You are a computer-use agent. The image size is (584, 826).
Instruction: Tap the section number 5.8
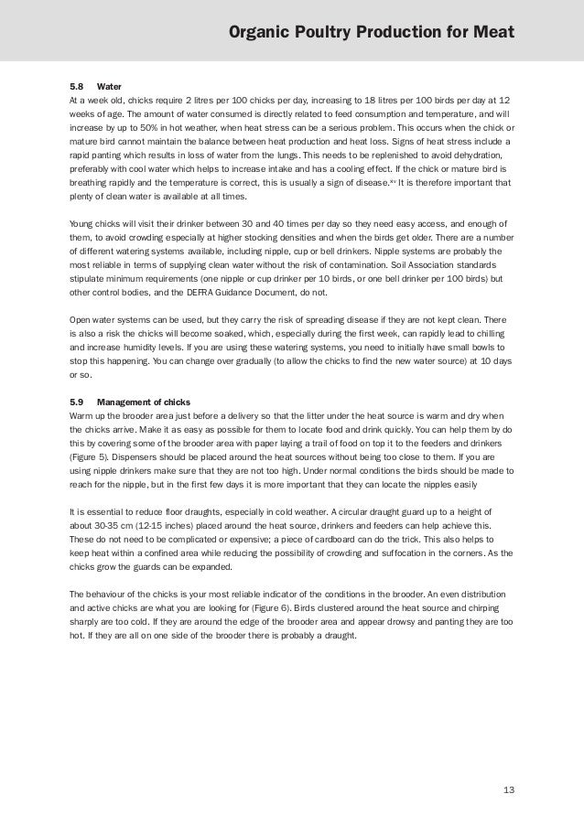(x=77, y=87)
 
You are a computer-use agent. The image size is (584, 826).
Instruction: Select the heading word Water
(x=109, y=87)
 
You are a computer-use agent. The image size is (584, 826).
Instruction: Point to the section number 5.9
(x=77, y=402)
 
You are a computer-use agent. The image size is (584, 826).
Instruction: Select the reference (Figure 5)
(x=94, y=455)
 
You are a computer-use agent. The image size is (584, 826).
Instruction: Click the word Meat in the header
(x=494, y=34)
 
